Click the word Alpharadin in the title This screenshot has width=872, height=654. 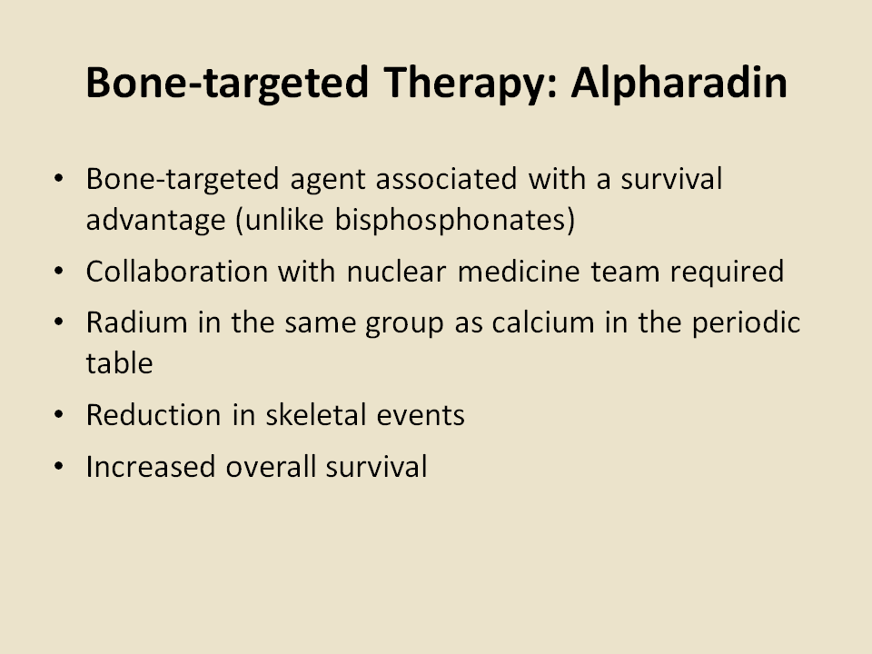point(679,84)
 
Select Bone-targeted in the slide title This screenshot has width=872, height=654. point(227,84)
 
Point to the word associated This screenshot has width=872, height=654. point(447,179)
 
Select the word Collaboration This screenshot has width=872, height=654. point(177,272)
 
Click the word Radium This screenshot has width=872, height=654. point(137,322)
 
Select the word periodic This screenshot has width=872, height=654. point(746,323)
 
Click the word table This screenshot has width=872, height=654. point(120,363)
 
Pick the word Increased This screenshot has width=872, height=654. point(151,467)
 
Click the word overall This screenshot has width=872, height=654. point(271,467)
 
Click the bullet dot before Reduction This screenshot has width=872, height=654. point(59,415)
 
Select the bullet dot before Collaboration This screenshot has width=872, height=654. point(59,272)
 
